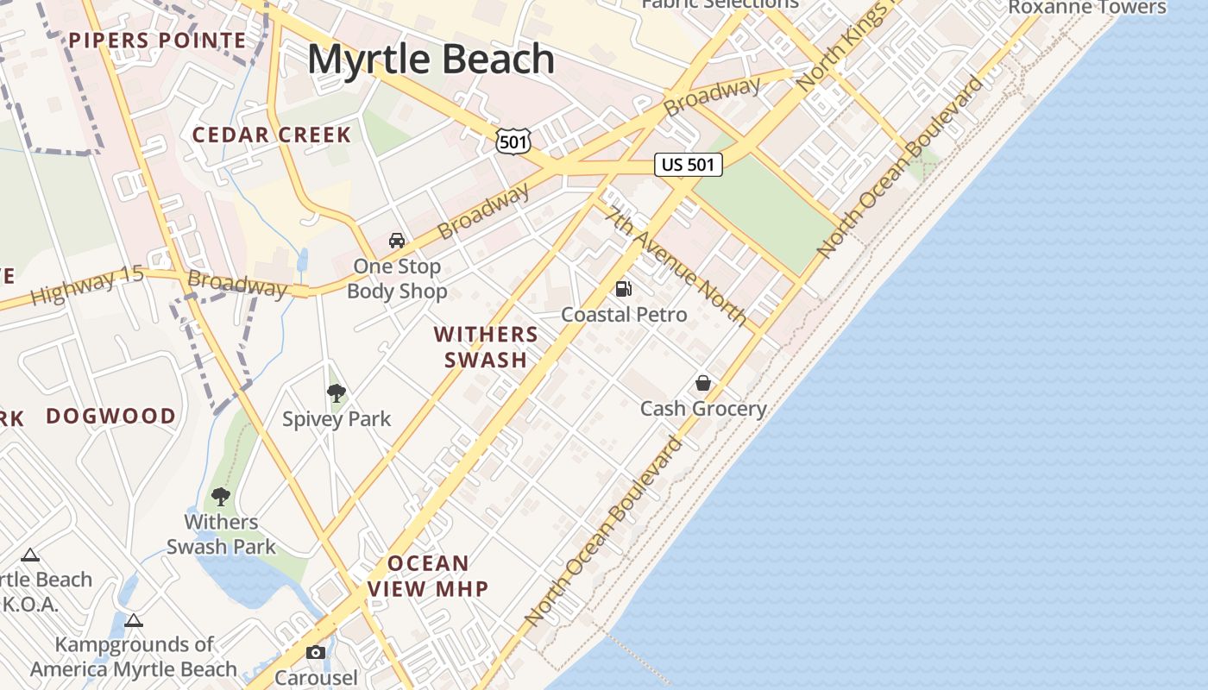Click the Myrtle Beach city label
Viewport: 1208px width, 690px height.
[x=431, y=59]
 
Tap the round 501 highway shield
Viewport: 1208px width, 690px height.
[x=513, y=141]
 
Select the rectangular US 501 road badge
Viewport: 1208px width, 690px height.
[x=688, y=164]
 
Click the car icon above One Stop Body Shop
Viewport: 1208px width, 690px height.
[x=397, y=241]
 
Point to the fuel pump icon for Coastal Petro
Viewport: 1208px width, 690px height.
[x=624, y=289]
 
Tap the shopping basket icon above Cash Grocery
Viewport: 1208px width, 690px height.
[x=703, y=383]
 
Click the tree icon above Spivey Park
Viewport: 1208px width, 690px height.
[x=337, y=394]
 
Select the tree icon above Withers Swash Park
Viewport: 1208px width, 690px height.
[x=221, y=497]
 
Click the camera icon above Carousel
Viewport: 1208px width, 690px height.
[x=316, y=652]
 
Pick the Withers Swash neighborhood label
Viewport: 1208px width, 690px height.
[x=486, y=347]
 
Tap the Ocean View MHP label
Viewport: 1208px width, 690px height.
[x=428, y=576]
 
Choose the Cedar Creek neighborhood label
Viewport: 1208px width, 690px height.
[x=272, y=135]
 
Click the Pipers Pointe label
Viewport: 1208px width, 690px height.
[x=158, y=40]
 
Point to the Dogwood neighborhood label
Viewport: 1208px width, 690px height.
[x=110, y=416]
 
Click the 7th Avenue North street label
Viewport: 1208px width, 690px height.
[x=676, y=267]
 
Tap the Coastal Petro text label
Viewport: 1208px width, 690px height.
[x=624, y=315]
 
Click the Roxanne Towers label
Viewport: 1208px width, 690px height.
[x=1087, y=7]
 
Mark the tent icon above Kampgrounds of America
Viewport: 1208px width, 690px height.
[x=133, y=620]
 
